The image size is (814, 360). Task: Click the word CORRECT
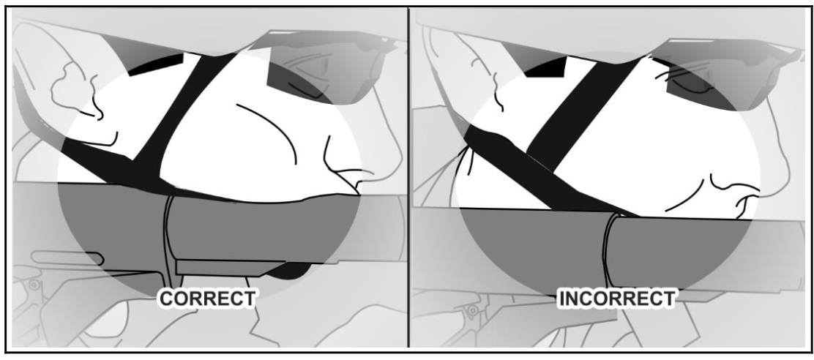coord(207,299)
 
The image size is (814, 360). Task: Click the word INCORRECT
coord(616,299)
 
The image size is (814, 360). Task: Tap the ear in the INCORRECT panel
coord(465,78)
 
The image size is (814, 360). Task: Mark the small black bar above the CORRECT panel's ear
coord(156,64)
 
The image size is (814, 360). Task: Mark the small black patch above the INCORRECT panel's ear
coord(545,67)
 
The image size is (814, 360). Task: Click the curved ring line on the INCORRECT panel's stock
coord(608,249)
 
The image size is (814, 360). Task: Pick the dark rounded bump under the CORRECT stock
coord(291,271)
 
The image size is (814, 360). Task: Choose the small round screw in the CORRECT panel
coord(34,285)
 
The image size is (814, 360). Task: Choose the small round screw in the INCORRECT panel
coord(473,311)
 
